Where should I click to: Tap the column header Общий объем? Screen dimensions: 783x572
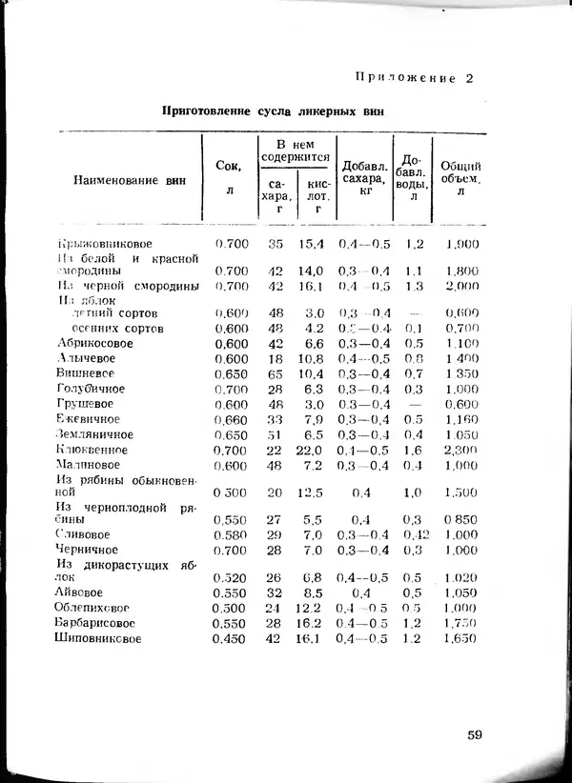[x=460, y=178]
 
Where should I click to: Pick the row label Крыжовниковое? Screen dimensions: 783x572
[x=104, y=244]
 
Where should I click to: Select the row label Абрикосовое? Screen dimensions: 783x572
[x=94, y=343]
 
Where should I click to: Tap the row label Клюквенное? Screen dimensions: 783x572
[x=92, y=450]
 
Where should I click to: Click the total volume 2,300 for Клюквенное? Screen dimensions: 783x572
[x=461, y=450]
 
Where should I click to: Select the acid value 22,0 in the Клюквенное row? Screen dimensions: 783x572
[x=312, y=450]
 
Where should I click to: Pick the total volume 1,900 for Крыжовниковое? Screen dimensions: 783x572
[x=461, y=244]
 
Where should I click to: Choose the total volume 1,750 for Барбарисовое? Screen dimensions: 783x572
[x=461, y=623]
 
